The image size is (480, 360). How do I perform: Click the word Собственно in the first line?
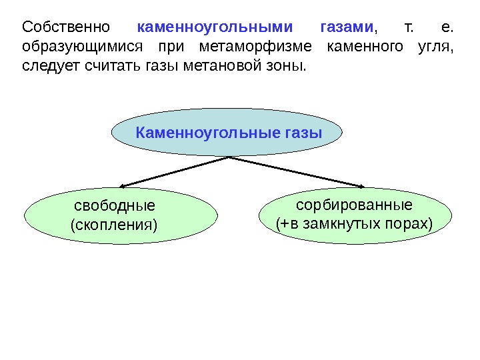coord(65,27)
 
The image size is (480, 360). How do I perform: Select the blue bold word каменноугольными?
coord(215,27)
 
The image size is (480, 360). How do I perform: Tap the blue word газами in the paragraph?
coord(347,27)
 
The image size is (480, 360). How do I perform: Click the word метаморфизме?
coord(256,47)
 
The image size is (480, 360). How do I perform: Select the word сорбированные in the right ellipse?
coord(354,204)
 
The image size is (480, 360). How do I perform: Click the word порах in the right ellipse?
coord(408,223)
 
